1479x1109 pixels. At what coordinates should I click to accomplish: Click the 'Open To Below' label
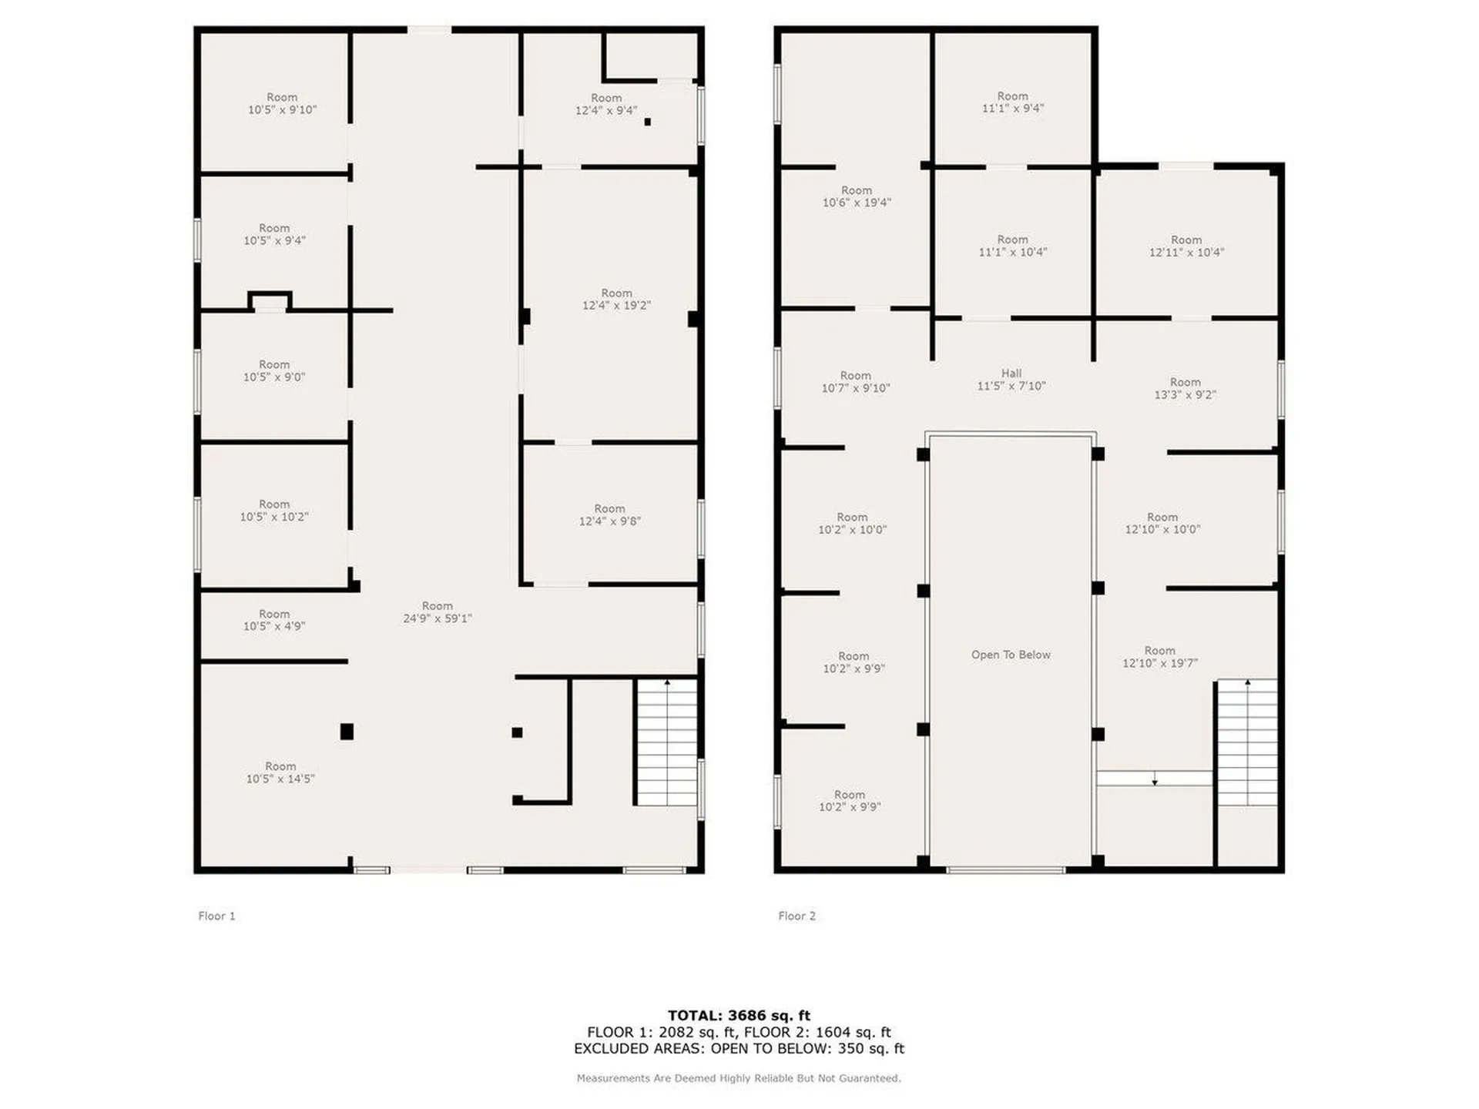pos(1011,655)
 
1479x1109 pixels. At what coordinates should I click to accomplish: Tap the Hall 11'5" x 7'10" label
pos(1011,380)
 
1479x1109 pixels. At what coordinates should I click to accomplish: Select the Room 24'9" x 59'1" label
pos(437,612)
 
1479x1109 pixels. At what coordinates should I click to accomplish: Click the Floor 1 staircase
pos(666,743)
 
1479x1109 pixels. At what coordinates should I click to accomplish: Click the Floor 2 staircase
pos(1247,743)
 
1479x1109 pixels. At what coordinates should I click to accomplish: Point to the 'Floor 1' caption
pos(216,916)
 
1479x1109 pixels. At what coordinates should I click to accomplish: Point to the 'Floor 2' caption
pos(797,916)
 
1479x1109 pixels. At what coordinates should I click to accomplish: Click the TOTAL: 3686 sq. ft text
pos(739,1015)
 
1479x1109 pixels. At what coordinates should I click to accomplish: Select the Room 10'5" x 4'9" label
pos(274,620)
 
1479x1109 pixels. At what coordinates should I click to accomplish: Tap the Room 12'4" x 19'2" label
pos(616,299)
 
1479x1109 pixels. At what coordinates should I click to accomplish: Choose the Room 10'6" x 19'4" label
pos(857,196)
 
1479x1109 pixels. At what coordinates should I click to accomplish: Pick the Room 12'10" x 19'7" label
pos(1159,657)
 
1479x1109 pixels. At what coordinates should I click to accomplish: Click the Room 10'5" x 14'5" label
pos(280,772)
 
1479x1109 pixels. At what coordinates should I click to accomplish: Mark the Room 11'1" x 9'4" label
pos(1012,102)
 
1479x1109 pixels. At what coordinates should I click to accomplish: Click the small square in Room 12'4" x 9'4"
pos(647,122)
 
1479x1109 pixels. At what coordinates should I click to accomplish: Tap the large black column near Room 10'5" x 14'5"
pos(347,732)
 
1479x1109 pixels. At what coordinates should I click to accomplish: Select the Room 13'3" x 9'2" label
pos(1185,388)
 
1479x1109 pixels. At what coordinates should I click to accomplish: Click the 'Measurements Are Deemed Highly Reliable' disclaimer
pos(739,1078)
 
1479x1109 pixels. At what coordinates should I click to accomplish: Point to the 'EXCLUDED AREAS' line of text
pos(739,1049)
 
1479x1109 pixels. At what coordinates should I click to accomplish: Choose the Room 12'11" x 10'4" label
pos(1186,246)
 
